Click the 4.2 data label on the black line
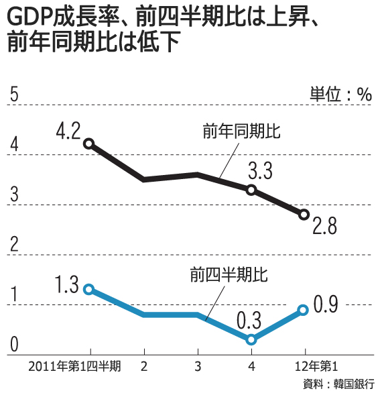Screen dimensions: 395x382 (68, 129)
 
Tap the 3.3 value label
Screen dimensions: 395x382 (260, 170)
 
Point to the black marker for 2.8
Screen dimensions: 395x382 (304, 215)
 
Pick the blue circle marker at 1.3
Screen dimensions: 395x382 (88, 289)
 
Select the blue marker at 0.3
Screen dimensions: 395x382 (251, 339)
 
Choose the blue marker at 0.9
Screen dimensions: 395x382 (303, 310)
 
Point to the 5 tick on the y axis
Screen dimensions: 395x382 (13, 95)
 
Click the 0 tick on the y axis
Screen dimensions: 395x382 (13, 345)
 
